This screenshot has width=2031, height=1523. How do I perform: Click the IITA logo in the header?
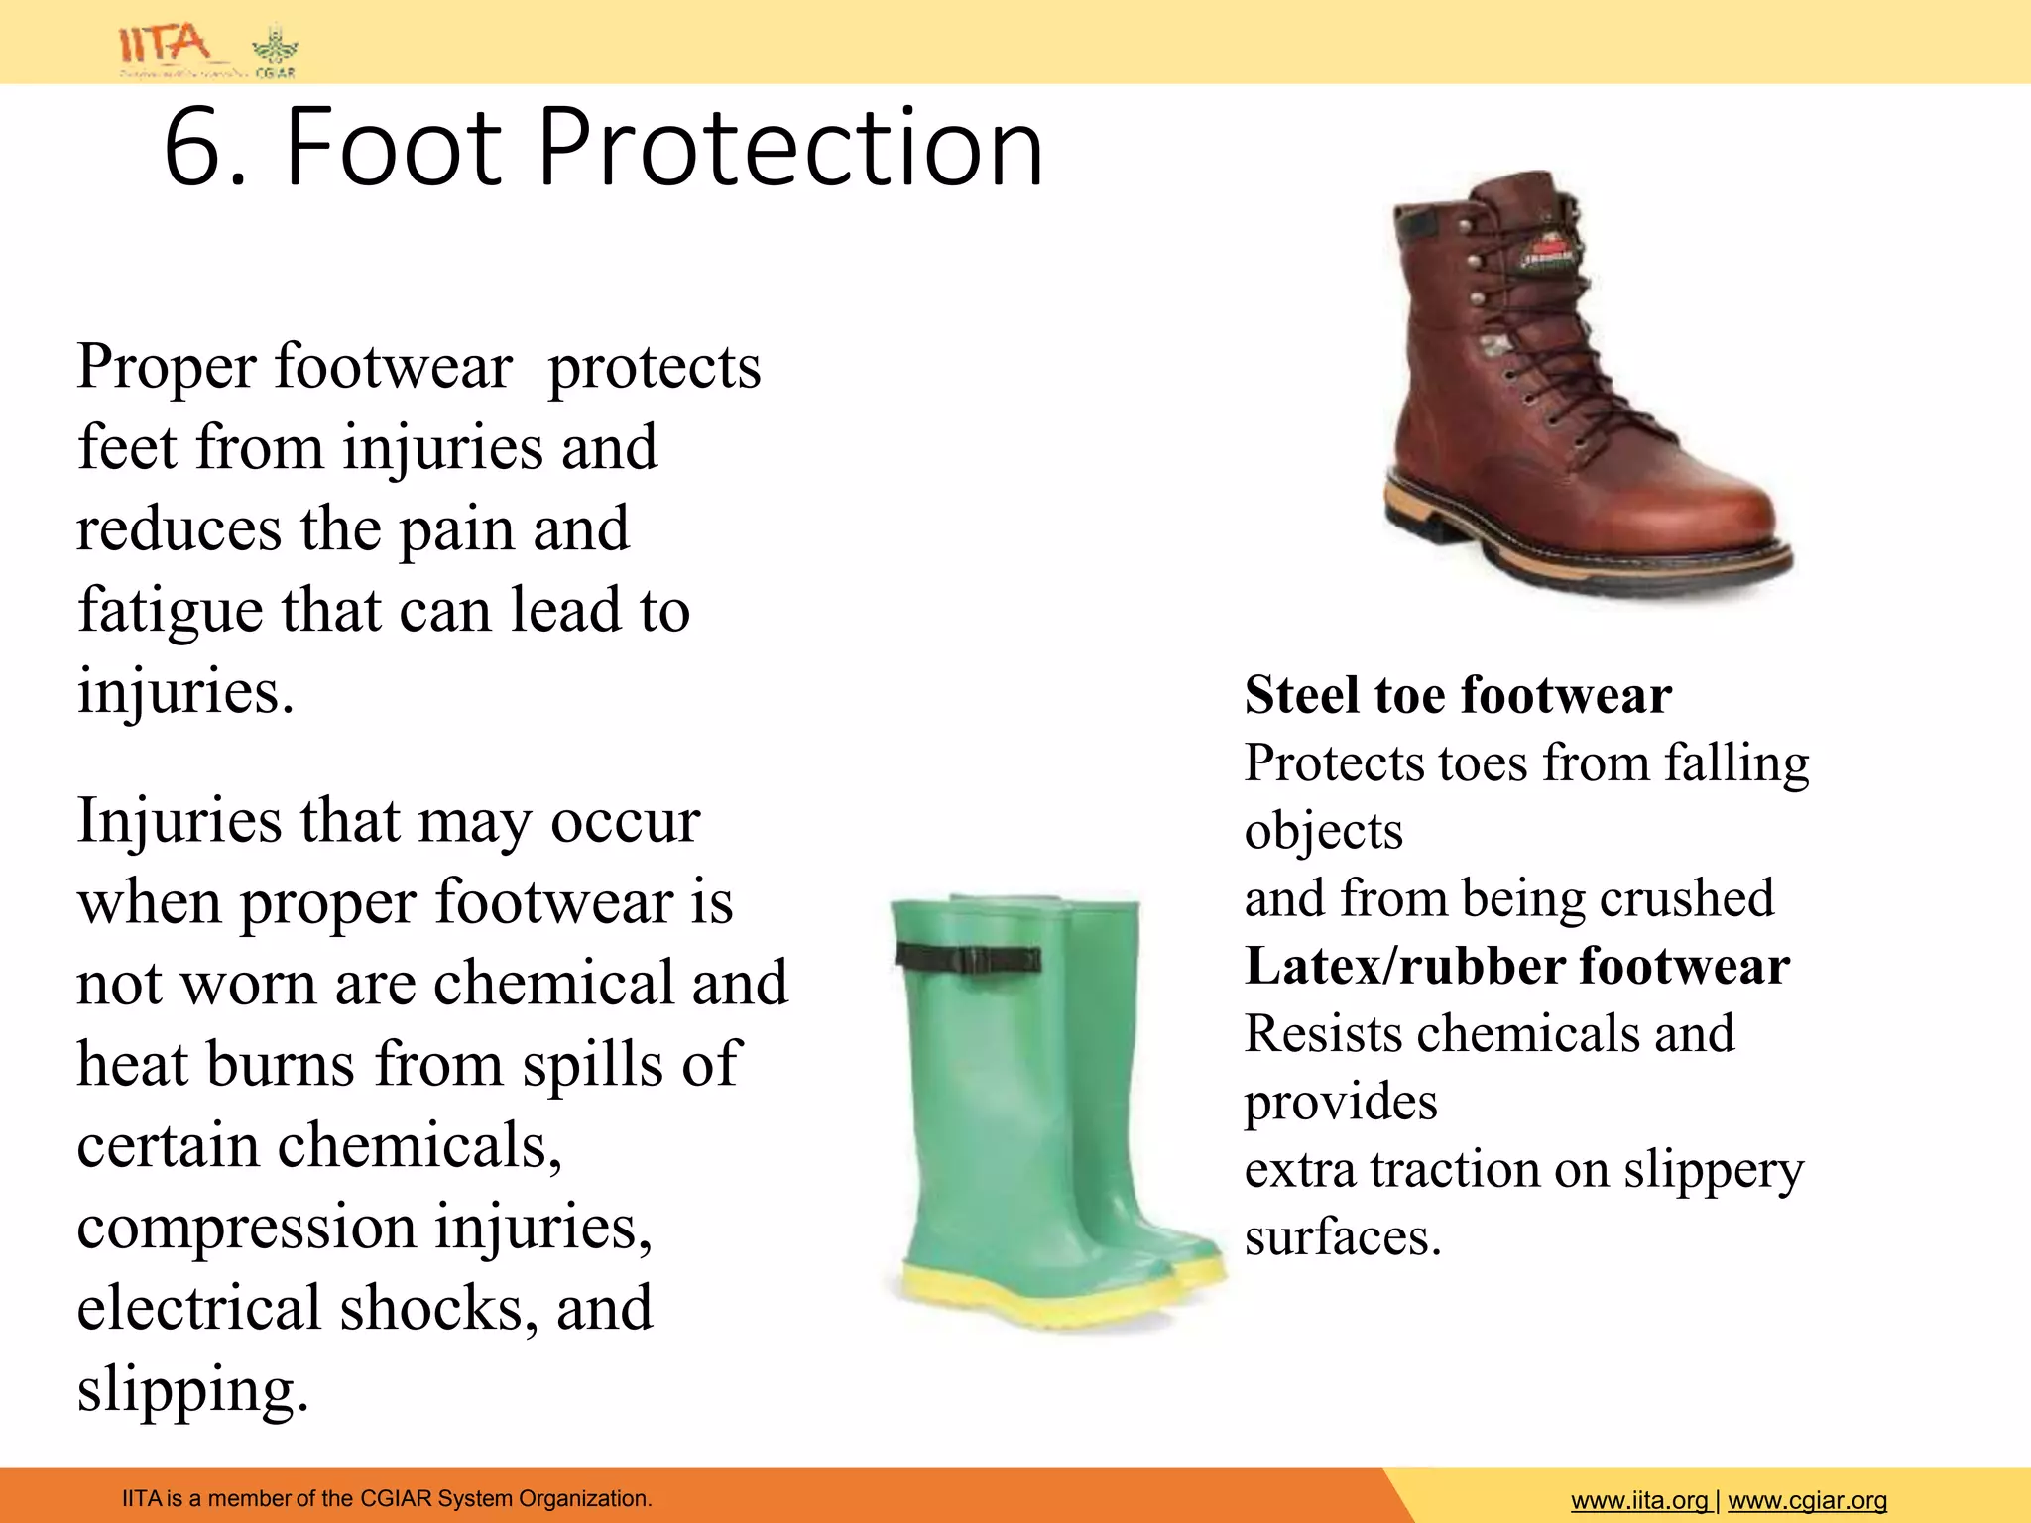(164, 46)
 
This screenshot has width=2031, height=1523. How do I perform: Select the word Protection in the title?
(789, 149)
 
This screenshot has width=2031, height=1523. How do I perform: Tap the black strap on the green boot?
(967, 958)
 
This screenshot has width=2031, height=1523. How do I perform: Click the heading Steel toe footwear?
(1458, 695)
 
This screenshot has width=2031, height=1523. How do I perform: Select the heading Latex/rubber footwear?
(1517, 966)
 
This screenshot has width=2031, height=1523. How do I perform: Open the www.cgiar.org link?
(1807, 1501)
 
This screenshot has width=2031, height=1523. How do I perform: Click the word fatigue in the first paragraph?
(171, 610)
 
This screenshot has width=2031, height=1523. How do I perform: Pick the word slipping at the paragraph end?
(192, 1390)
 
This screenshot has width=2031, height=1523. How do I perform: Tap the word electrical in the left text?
(198, 1308)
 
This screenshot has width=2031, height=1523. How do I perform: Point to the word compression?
(246, 1229)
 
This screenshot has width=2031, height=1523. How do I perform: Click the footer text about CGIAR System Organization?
(387, 1498)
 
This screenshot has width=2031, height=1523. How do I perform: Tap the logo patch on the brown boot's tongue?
(1549, 251)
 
